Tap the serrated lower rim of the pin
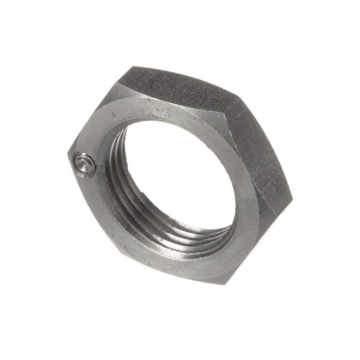tap(86, 174)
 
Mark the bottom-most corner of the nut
tap(223, 284)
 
